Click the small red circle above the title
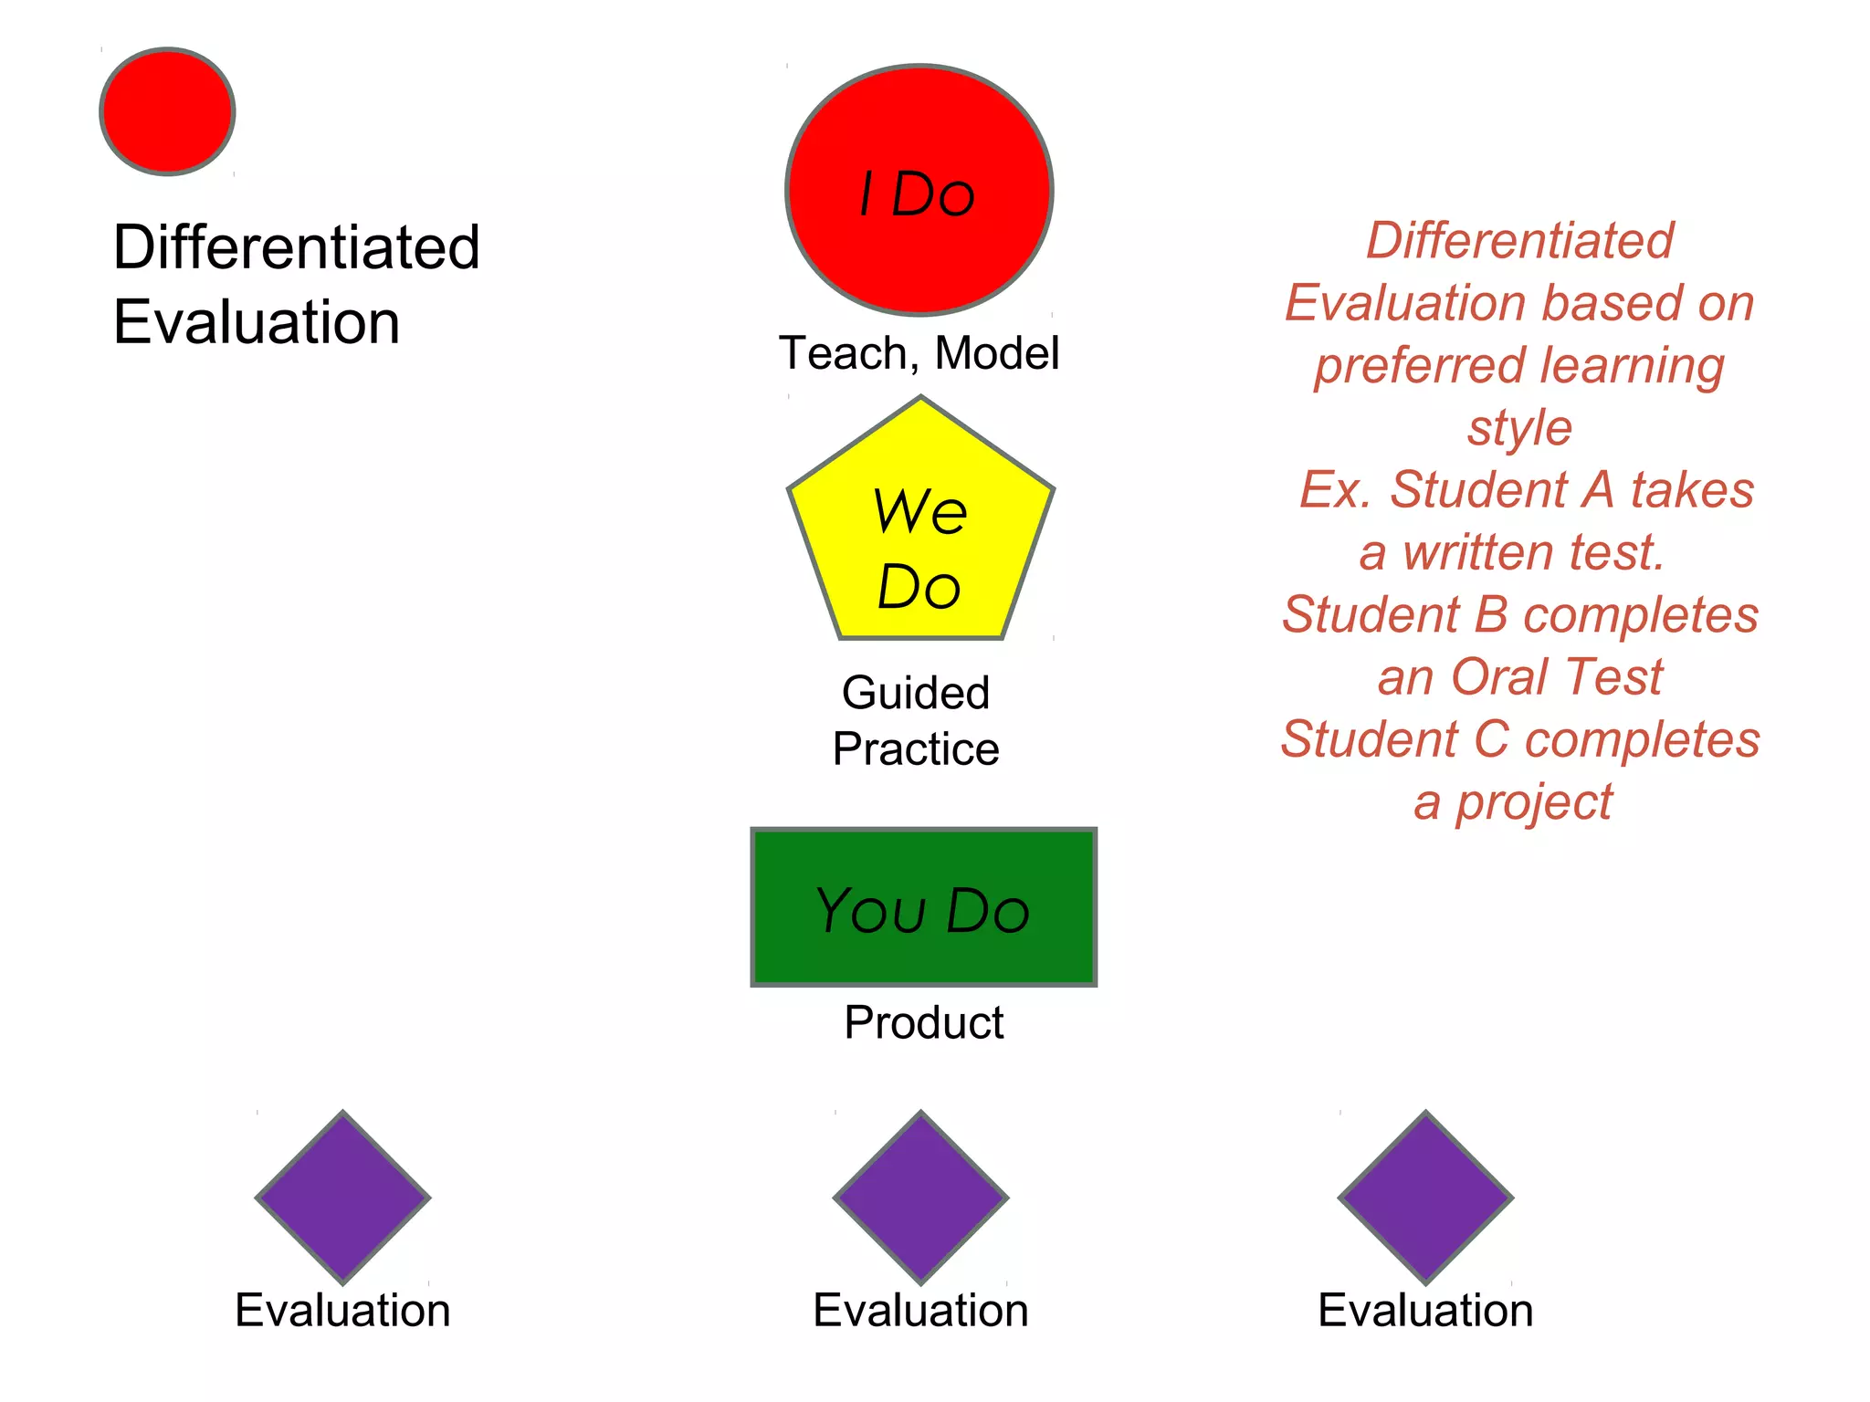(167, 111)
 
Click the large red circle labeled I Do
(919, 190)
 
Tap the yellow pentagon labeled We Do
(920, 529)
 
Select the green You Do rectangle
(923, 907)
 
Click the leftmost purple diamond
(342, 1197)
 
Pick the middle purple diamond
(920, 1197)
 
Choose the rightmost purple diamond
(1425, 1197)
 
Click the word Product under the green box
(923, 1022)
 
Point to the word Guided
(916, 693)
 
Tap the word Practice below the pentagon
(916, 749)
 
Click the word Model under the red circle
(997, 353)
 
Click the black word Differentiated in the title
(296, 247)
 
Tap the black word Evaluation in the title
(257, 322)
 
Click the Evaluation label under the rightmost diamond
(1425, 1311)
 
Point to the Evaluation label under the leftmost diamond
(342, 1311)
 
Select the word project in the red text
(1534, 803)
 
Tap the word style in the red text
(1520, 427)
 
